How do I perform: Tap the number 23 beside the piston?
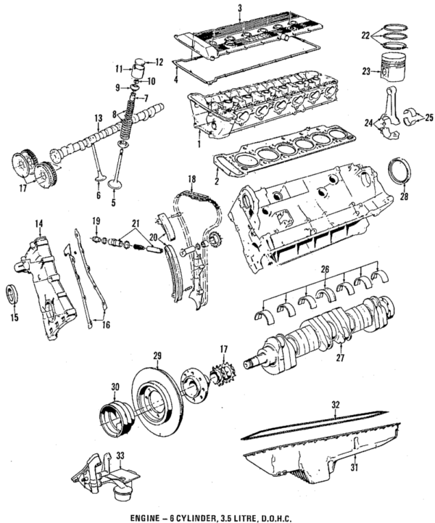coord(367,71)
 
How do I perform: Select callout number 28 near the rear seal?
coord(404,195)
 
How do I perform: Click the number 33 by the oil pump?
coord(120,456)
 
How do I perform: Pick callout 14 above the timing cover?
coord(40,225)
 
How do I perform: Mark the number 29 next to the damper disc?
coord(157,355)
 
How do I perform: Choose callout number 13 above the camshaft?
coord(97,118)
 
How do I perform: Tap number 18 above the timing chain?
coord(192,178)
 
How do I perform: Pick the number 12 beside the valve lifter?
coord(159,62)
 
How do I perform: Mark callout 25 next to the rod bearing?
coord(429,117)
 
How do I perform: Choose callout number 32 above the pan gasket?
coord(334,403)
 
